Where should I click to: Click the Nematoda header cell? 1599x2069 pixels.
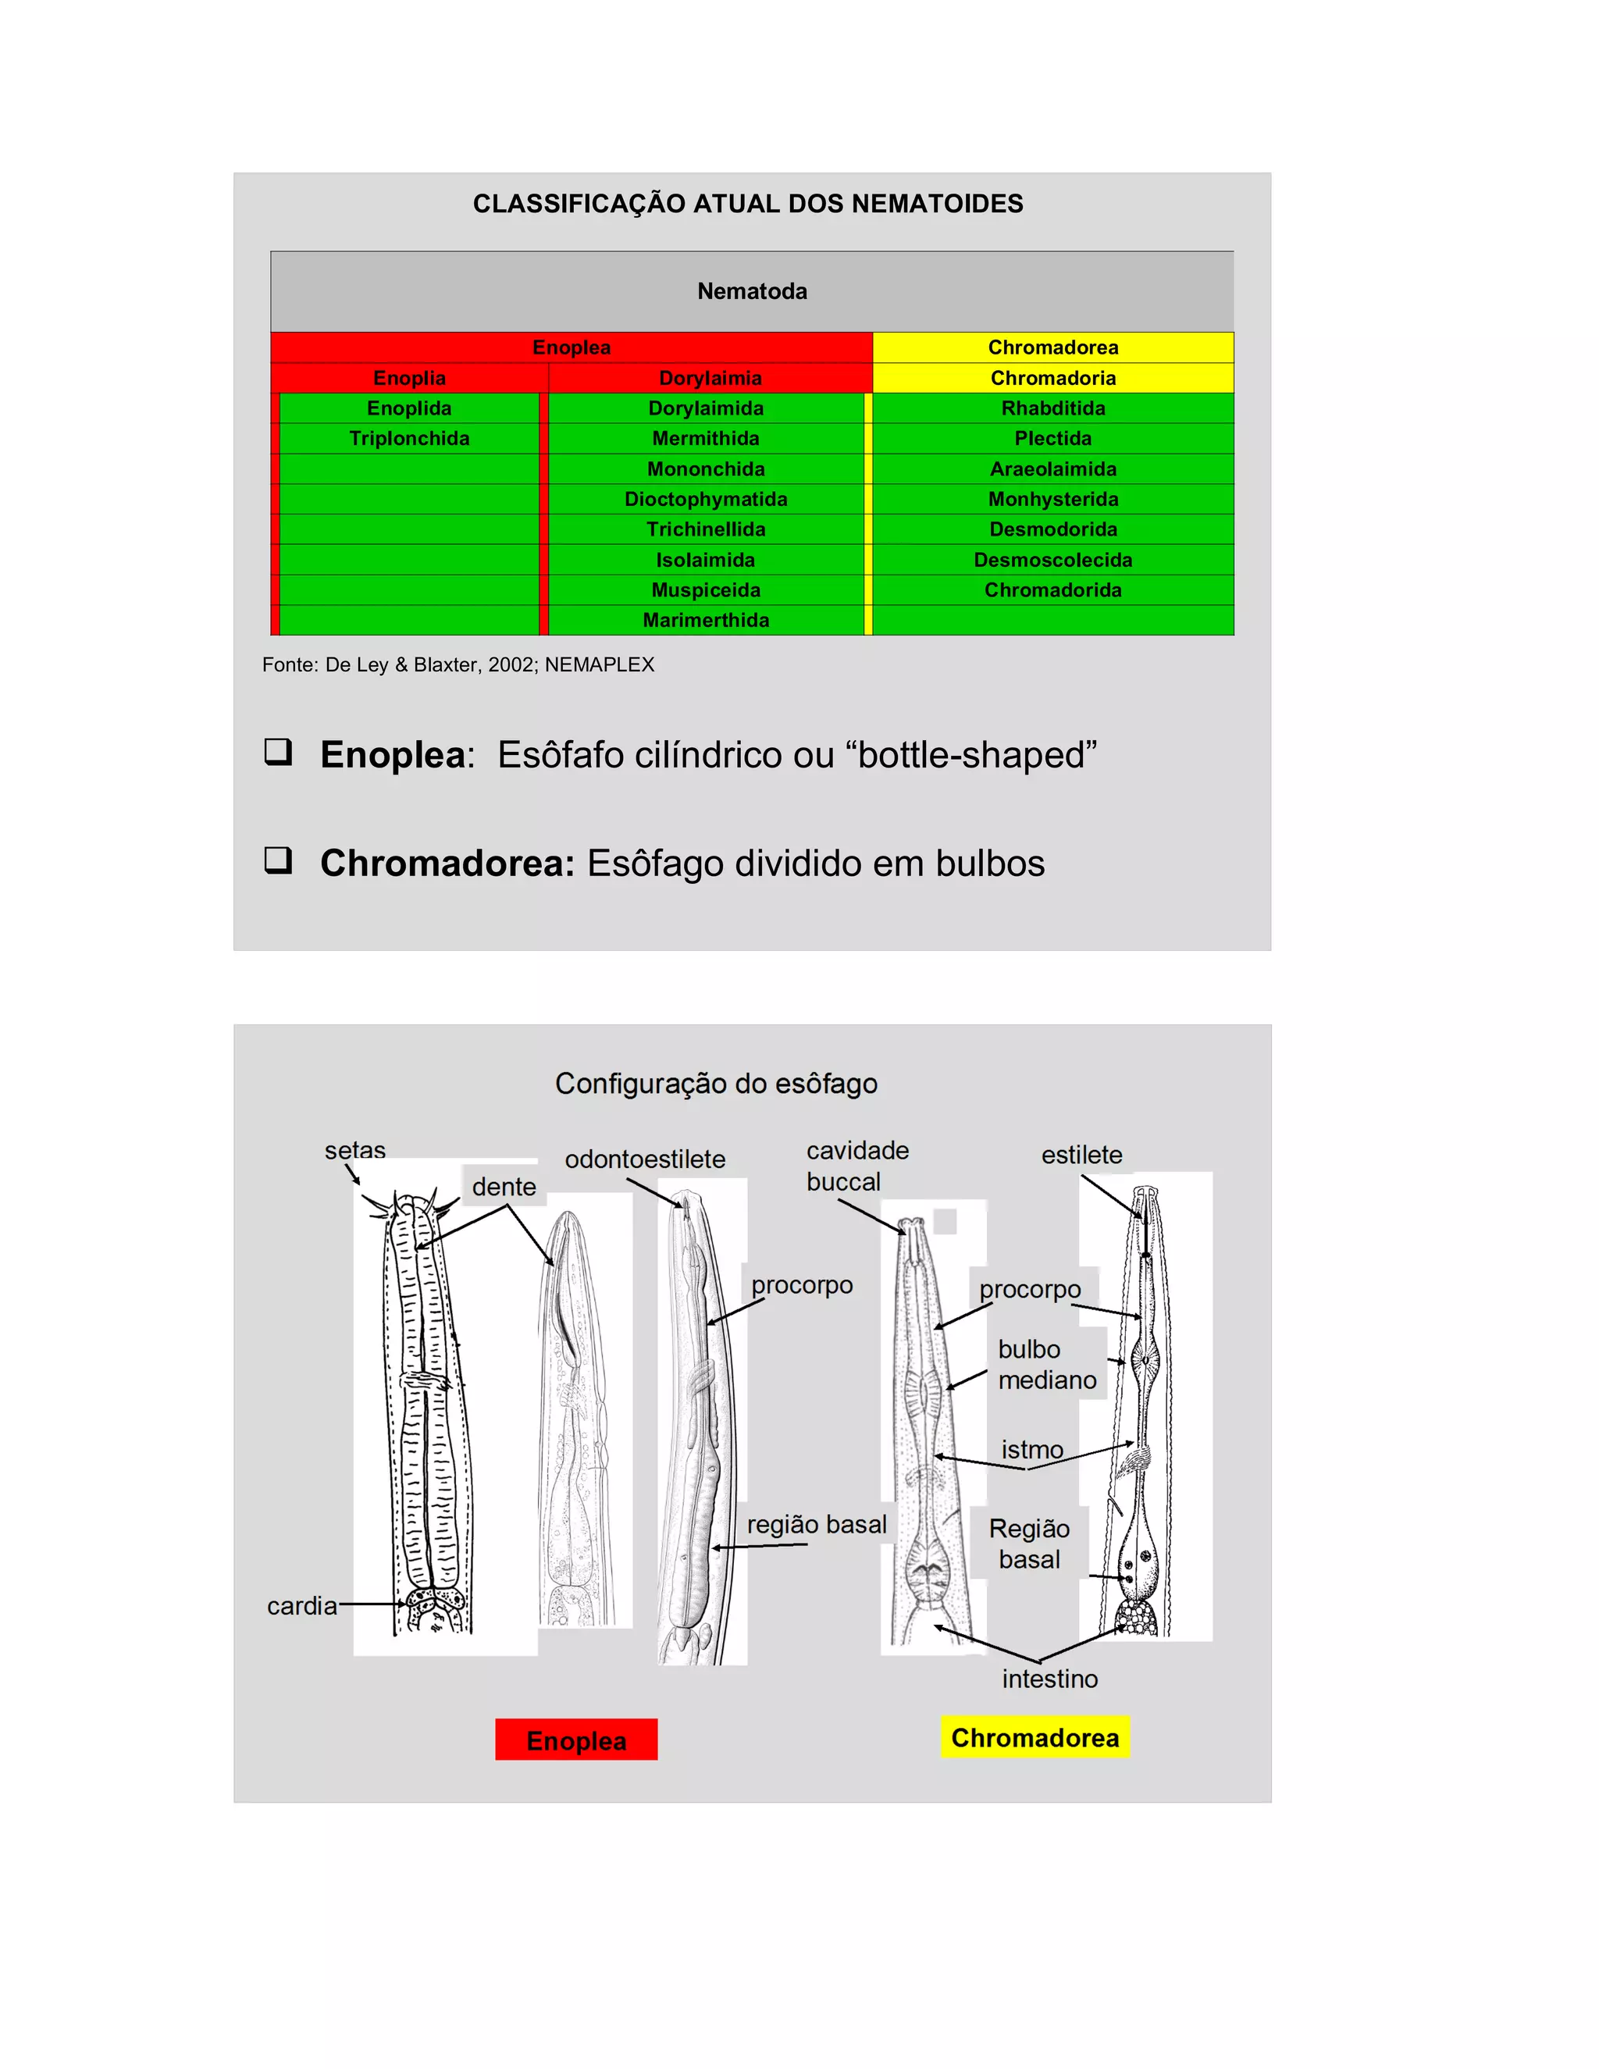(x=752, y=291)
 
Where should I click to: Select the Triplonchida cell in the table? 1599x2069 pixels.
(x=409, y=439)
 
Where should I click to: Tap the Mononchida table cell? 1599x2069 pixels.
(x=706, y=469)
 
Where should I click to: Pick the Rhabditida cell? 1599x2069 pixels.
(x=1052, y=408)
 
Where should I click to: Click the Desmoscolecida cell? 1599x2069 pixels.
(x=1052, y=560)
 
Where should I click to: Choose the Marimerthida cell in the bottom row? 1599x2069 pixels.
(x=706, y=621)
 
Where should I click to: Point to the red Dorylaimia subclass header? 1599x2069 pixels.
(x=710, y=378)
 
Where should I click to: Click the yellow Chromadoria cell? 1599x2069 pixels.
(x=1052, y=378)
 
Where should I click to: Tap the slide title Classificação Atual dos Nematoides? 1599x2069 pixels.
(x=747, y=204)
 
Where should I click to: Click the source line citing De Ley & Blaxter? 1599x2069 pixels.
(x=458, y=665)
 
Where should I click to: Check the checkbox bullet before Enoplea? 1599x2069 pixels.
(x=277, y=752)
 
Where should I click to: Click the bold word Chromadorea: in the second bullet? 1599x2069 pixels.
(x=447, y=863)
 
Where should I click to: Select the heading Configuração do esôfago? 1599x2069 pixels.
(x=716, y=1083)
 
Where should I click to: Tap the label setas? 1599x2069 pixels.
(x=354, y=1150)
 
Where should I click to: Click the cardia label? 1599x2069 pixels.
(x=301, y=1606)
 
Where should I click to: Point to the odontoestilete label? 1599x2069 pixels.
(x=644, y=1159)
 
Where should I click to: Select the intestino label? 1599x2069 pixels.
(x=1049, y=1679)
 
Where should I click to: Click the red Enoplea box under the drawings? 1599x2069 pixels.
(x=576, y=1740)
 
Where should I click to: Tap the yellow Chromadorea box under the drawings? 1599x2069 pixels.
(x=1035, y=1737)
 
